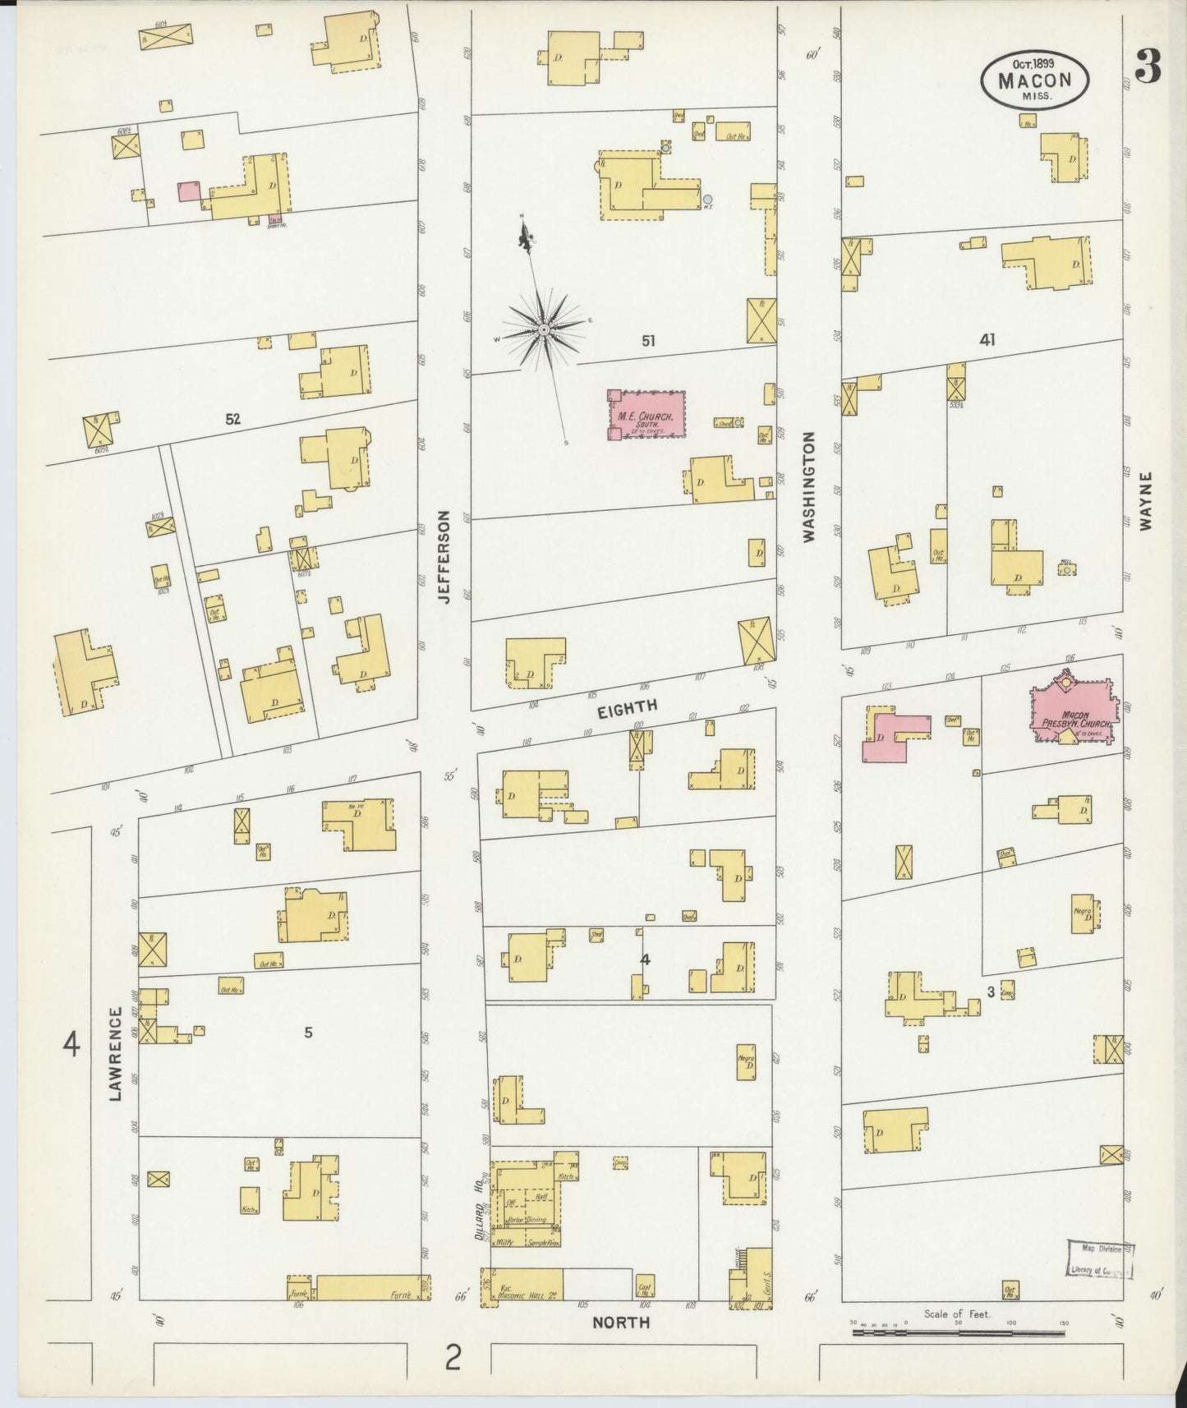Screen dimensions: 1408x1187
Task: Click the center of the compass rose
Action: pos(543,329)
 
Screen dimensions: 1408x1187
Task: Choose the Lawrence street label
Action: pos(116,1053)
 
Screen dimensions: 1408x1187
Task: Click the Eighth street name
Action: pos(627,709)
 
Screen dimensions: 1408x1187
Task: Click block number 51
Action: pos(648,340)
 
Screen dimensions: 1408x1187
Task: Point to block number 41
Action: pos(987,340)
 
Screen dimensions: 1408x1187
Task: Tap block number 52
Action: pos(233,419)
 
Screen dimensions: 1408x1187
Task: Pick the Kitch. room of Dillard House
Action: pos(565,1176)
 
